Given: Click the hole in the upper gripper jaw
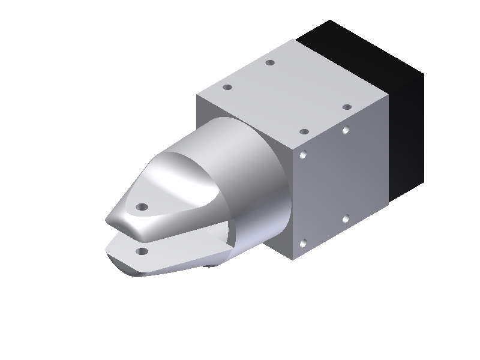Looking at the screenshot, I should click(142, 207).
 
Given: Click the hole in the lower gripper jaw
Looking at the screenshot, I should click(142, 251).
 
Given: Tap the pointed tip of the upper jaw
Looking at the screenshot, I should click(107, 221).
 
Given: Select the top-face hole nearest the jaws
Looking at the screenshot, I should click(227, 87).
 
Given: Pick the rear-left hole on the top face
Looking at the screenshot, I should click(270, 62).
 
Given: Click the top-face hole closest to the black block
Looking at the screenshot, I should click(347, 107).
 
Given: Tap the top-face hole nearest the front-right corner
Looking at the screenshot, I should click(304, 131).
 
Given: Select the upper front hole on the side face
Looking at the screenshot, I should click(304, 155).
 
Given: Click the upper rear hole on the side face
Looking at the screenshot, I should click(346, 130).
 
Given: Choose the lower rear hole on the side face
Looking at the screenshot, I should click(346, 219).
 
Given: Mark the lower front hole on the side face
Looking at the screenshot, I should click(303, 244).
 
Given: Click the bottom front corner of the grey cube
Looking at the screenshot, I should click(292, 260).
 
